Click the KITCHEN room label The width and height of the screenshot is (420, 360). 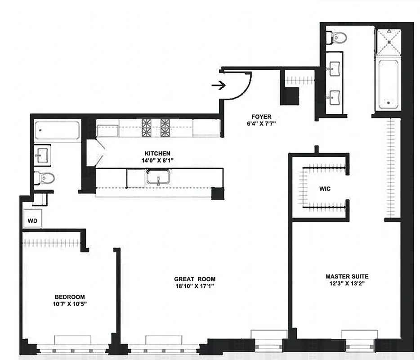click(x=157, y=153)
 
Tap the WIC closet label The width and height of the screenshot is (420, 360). click(x=325, y=189)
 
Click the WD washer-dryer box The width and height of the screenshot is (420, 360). click(x=32, y=220)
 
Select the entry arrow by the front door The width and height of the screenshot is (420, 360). click(x=219, y=85)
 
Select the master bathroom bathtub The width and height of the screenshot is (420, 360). click(x=388, y=85)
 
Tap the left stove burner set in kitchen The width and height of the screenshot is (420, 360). click(x=147, y=128)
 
